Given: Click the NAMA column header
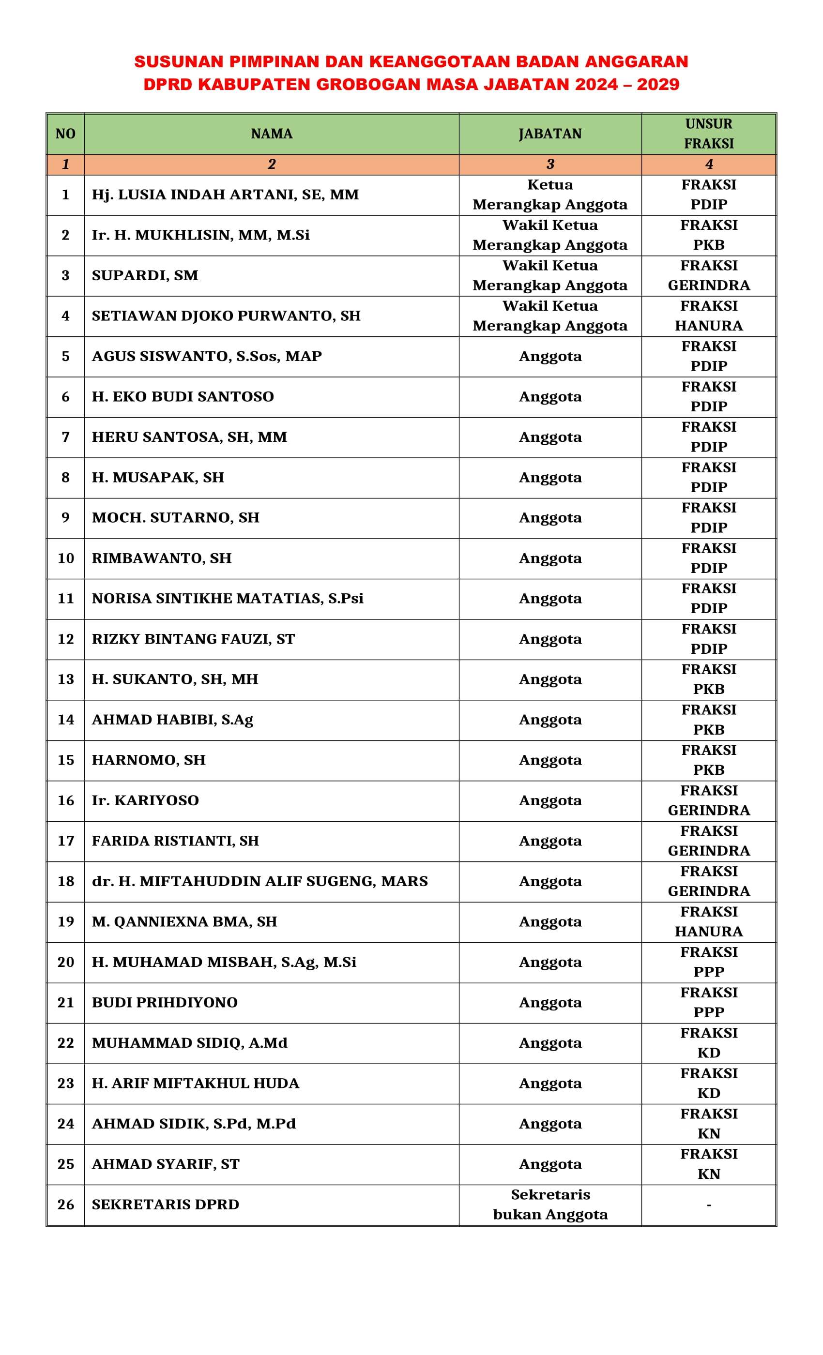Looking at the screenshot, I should click(x=271, y=134).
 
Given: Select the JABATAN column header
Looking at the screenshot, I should click(x=549, y=134).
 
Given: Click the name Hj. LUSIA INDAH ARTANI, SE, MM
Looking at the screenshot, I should click(x=225, y=195).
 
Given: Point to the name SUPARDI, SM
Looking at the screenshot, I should click(x=145, y=275).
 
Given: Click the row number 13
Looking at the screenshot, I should click(x=65, y=680).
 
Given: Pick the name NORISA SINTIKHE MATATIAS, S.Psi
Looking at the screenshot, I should click(x=227, y=599).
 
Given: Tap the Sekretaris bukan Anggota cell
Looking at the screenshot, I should click(x=549, y=1205).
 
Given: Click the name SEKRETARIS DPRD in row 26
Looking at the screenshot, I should click(x=165, y=1205).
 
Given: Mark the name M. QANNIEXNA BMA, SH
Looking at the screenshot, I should click(x=184, y=922).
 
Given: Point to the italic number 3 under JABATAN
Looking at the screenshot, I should click(x=549, y=165).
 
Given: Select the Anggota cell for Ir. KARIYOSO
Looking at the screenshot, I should click(x=549, y=801).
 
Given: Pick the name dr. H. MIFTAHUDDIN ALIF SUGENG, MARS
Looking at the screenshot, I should click(x=259, y=882).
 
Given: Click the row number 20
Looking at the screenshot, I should click(x=65, y=963).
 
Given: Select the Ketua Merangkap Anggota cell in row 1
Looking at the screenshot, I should click(x=549, y=195).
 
